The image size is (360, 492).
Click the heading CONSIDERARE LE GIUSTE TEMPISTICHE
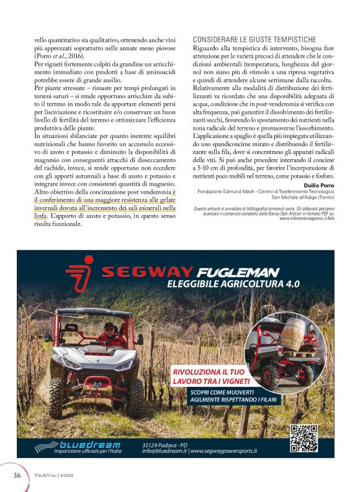(x=254, y=39)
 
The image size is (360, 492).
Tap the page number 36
(x=17, y=475)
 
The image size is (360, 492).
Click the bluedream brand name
(x=85, y=444)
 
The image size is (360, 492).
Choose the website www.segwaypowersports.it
(x=224, y=451)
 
